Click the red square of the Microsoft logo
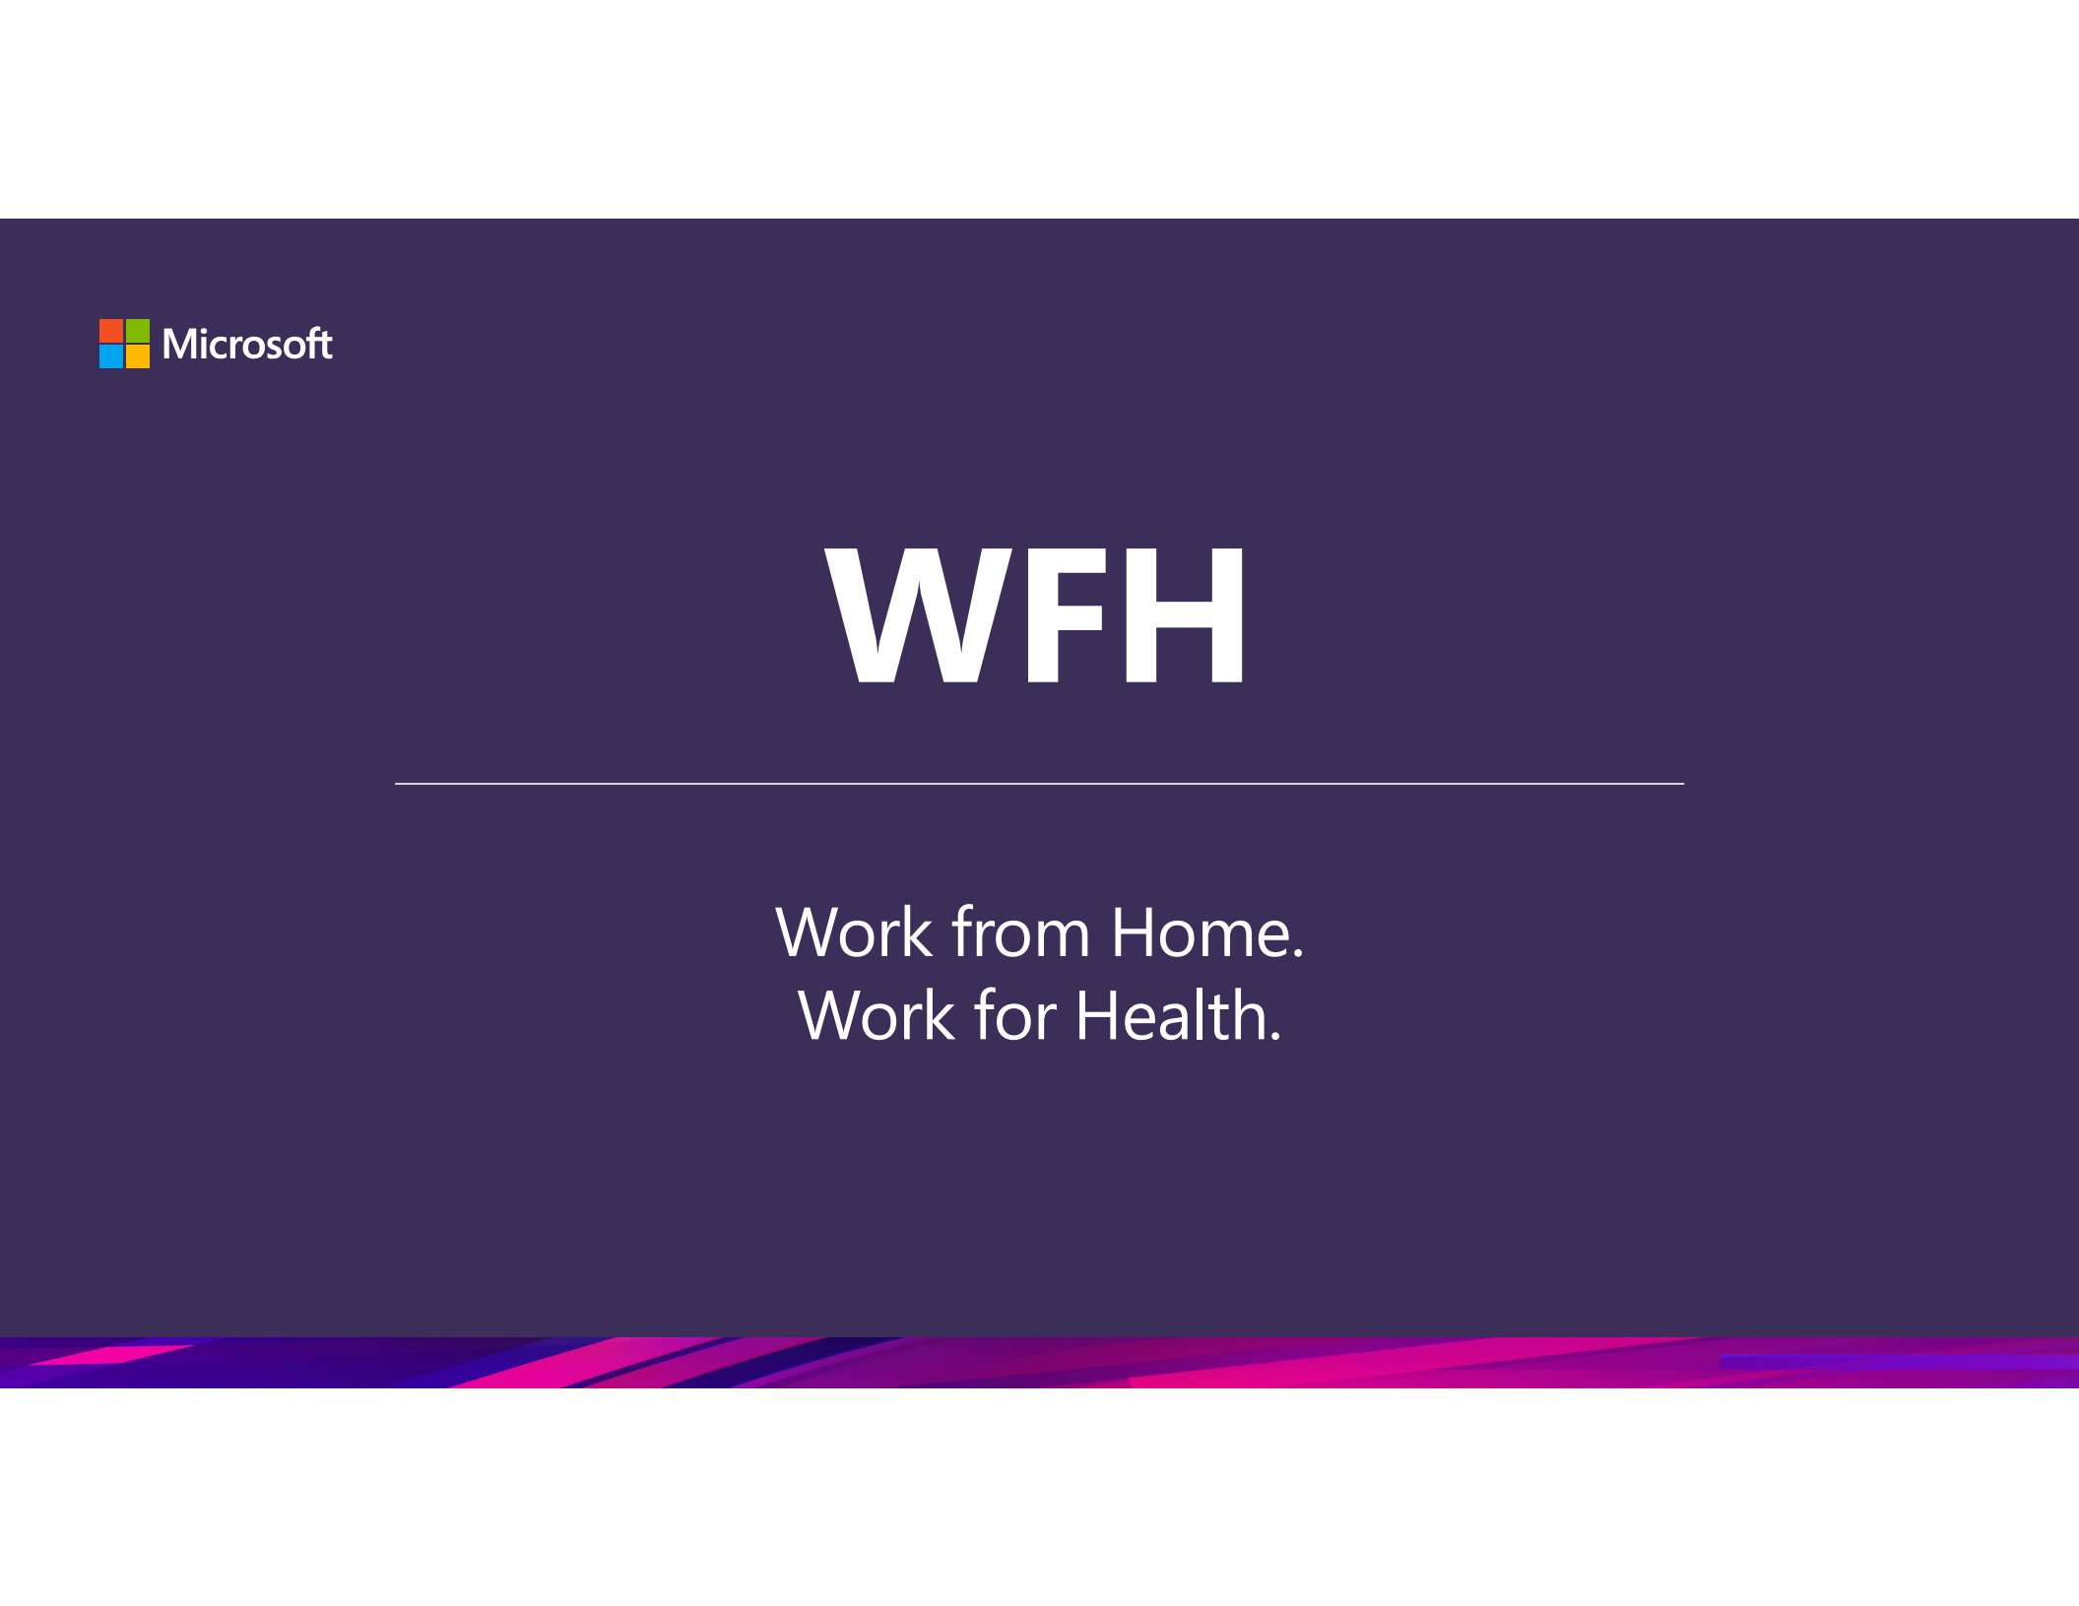tap(111, 330)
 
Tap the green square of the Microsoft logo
tap(138, 330)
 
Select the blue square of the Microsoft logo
tap(111, 356)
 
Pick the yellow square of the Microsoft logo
tap(138, 356)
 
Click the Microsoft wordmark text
tap(247, 344)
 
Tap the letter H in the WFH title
tap(1185, 615)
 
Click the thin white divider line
tap(1039, 784)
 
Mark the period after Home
tap(1298, 953)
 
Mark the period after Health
tap(1276, 1036)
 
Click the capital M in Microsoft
tap(181, 345)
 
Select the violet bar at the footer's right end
tap(1899, 1362)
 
